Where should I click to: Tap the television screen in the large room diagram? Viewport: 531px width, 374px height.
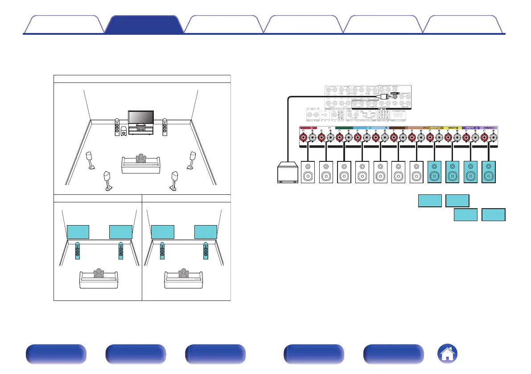(x=141, y=117)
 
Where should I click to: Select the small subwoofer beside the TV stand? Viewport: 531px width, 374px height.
(x=123, y=132)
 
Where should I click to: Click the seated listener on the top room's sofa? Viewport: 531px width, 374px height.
(x=141, y=159)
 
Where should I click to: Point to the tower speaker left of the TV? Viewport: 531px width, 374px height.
(x=117, y=127)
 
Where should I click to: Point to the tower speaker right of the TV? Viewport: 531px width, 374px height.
(x=165, y=127)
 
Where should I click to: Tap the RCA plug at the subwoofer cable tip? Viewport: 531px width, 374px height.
(x=382, y=96)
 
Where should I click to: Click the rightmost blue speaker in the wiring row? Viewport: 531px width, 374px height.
(x=489, y=172)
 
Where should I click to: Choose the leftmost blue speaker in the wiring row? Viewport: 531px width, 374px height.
(x=435, y=172)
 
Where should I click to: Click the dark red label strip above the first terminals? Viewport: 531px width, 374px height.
(x=307, y=128)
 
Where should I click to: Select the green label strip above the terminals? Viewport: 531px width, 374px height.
(x=343, y=128)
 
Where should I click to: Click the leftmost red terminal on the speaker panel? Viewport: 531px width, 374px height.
(x=303, y=137)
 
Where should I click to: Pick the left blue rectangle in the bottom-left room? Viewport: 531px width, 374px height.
(x=78, y=232)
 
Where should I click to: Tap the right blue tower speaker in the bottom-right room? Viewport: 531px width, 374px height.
(x=205, y=251)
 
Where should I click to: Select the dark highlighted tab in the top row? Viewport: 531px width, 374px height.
(x=144, y=25)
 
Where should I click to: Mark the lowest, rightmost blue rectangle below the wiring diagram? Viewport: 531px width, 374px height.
(x=494, y=215)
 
